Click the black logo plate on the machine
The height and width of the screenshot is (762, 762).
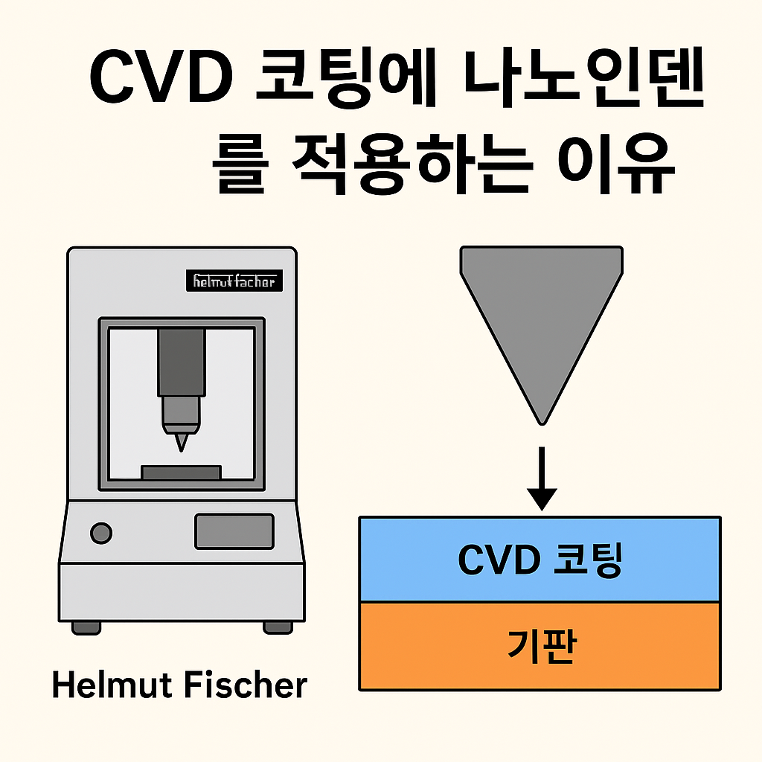tap(234, 281)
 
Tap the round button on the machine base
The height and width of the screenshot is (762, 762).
tap(100, 533)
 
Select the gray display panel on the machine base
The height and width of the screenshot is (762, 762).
tap(234, 531)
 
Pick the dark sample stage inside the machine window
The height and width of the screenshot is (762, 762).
tap(181, 473)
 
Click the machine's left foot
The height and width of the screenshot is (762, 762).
tap(86, 627)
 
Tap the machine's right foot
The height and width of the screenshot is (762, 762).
tap(278, 627)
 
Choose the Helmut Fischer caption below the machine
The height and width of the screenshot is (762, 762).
tap(179, 685)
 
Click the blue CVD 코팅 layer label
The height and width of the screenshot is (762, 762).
tap(540, 560)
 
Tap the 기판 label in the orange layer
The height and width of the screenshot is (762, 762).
tap(540, 645)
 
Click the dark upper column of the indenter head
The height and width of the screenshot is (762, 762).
tap(181, 362)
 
